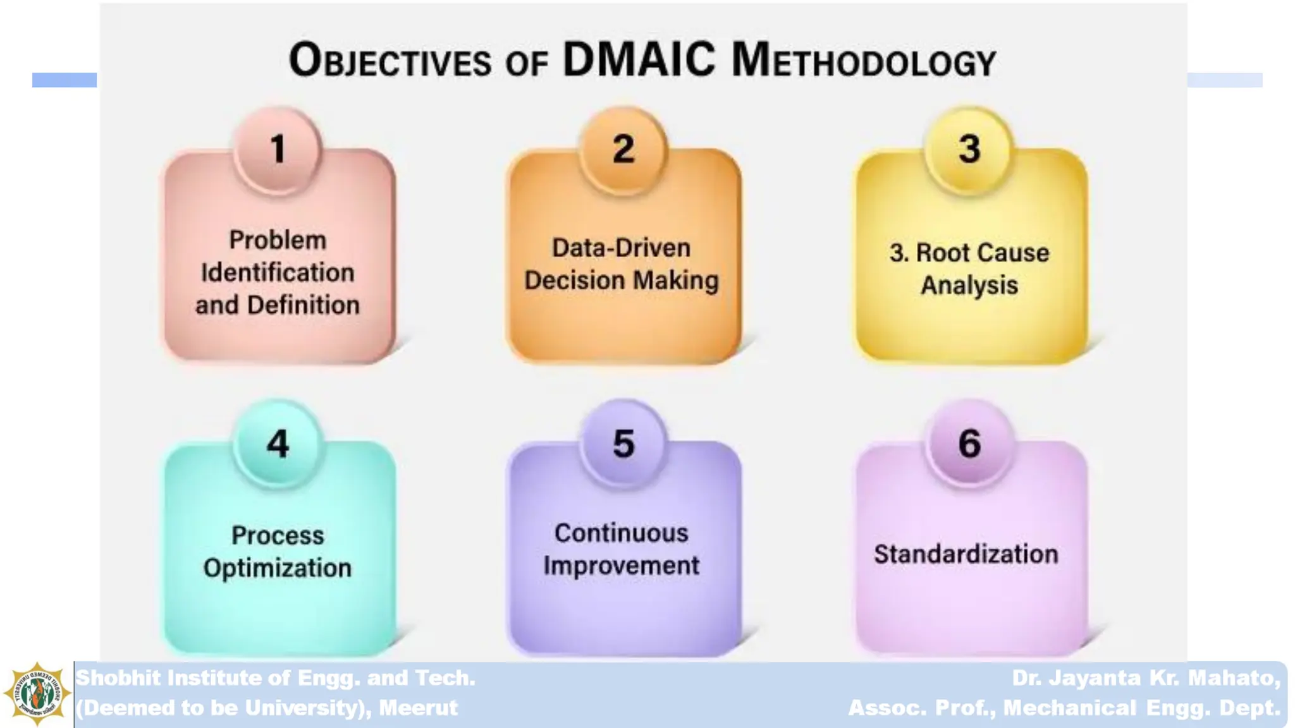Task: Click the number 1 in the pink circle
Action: tap(278, 150)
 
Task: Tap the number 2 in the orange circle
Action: tap(623, 150)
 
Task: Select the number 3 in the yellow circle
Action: tap(969, 150)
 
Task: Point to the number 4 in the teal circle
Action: tap(278, 444)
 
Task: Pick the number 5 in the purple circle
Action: tap(623, 444)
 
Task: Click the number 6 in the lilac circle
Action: tap(969, 444)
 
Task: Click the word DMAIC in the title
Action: tap(639, 60)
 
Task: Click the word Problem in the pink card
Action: tap(278, 240)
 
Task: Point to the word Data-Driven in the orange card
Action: tap(621, 248)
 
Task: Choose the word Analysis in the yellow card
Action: tap(969, 285)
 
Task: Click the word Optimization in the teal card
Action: tap(278, 567)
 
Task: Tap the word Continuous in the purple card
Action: tap(621, 533)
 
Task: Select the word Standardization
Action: tap(966, 554)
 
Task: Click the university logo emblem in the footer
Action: tap(37, 694)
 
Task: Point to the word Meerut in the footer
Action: tap(418, 708)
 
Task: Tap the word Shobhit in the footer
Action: tap(118, 678)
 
